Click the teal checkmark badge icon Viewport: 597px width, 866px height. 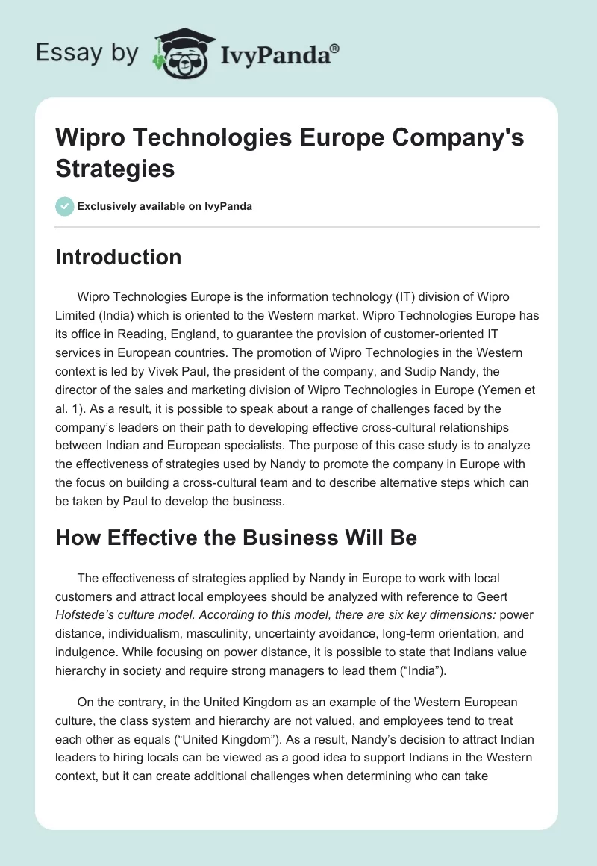point(64,206)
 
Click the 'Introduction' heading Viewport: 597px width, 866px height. point(118,257)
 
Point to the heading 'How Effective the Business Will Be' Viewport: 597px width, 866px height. point(236,538)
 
